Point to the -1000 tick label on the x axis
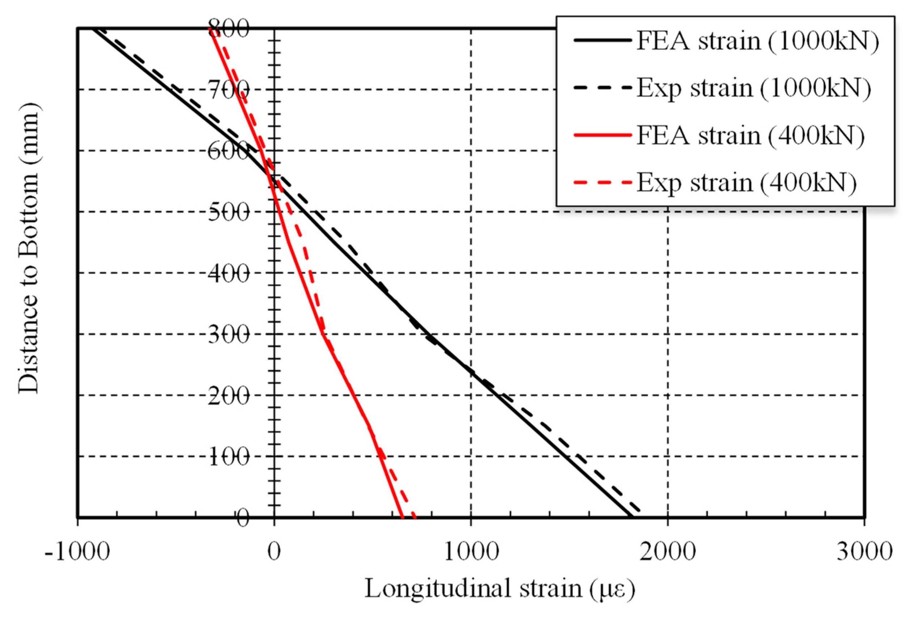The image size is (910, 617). coord(77,552)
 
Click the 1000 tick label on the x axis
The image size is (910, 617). coord(471,552)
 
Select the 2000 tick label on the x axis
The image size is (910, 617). coord(668,552)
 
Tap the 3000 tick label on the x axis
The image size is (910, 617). coord(864,552)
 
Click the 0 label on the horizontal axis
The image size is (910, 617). coord(274,552)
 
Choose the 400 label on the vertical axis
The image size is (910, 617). coord(229,274)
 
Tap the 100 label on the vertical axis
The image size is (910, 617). coord(229,457)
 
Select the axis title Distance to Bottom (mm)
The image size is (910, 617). coord(29,249)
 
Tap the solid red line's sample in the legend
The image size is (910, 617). coord(603,136)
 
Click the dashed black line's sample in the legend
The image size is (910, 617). coord(603,89)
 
